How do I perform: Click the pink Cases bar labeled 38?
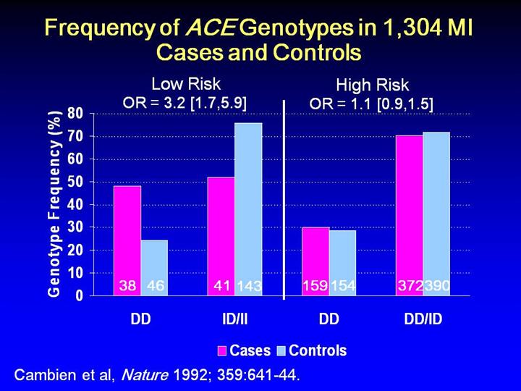[x=127, y=239]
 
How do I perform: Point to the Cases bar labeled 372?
[x=410, y=214]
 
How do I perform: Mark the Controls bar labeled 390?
[x=436, y=213]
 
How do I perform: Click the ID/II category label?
[x=235, y=319]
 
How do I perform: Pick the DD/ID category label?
[x=423, y=319]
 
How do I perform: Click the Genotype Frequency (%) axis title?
[x=54, y=203]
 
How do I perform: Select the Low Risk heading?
[x=185, y=84]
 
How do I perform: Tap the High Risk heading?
[x=372, y=85]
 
